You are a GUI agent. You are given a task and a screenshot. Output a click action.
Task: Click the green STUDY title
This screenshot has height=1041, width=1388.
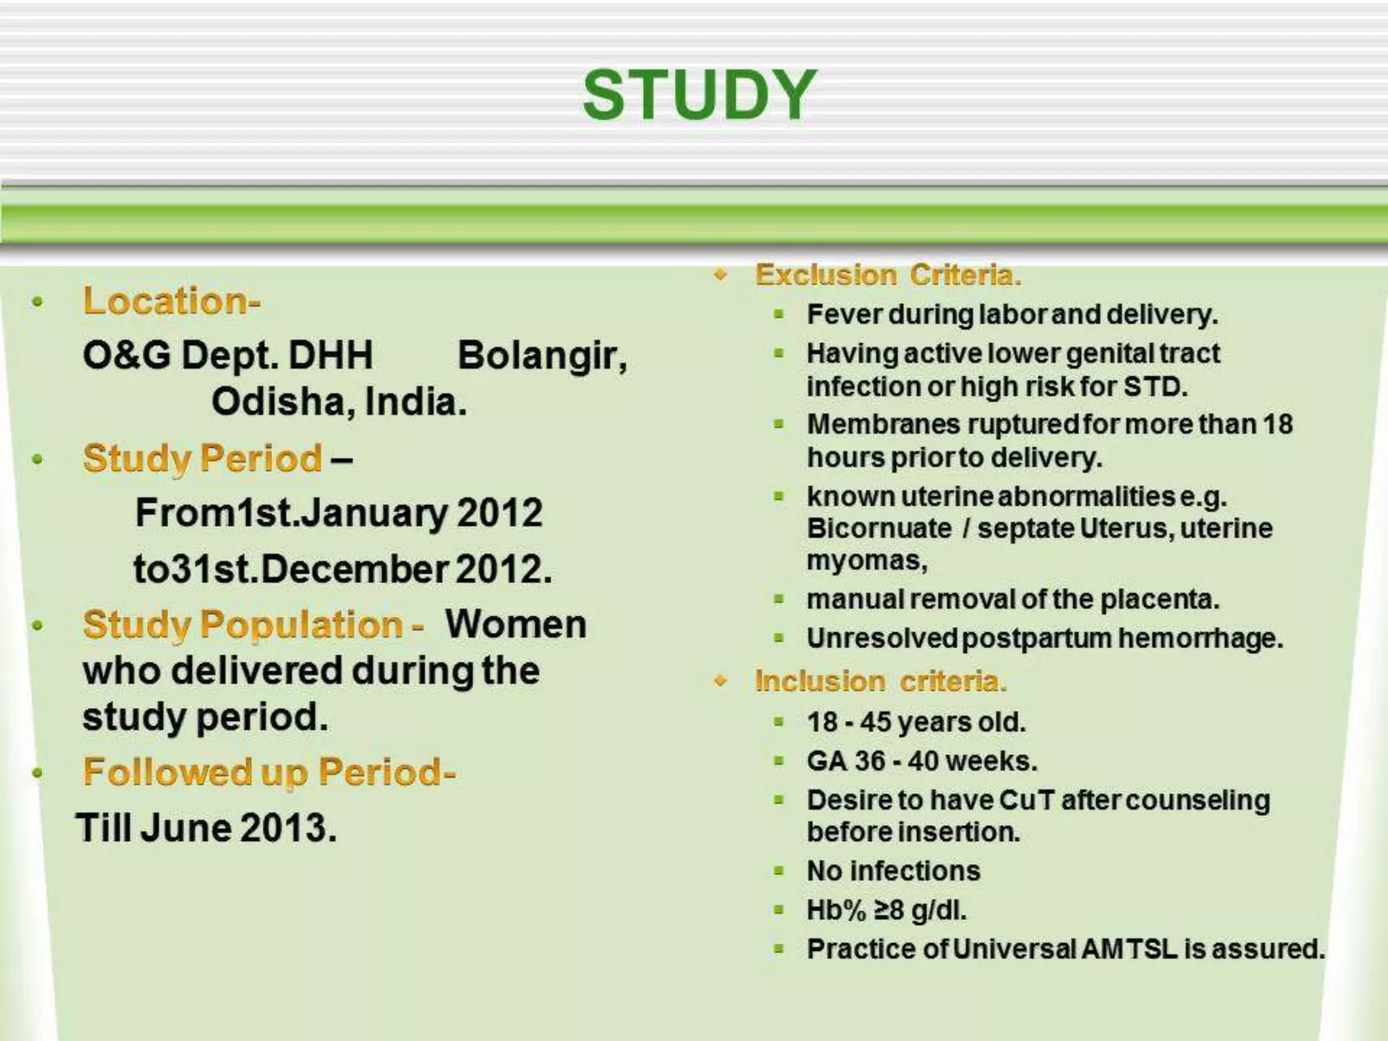point(699,96)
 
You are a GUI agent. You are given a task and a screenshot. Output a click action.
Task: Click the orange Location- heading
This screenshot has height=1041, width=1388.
point(171,301)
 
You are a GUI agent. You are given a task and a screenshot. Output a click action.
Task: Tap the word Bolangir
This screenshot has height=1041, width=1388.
point(541,355)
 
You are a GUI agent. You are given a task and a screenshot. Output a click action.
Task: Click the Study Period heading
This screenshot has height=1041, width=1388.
point(202,458)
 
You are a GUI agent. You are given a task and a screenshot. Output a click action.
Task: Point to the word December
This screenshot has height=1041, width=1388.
point(354,569)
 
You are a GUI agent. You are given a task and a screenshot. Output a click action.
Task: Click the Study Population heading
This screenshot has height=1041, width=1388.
point(252,624)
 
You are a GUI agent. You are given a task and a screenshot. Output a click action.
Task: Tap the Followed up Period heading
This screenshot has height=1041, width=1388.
point(268,772)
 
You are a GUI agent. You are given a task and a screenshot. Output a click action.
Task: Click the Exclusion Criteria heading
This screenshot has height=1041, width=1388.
point(888,275)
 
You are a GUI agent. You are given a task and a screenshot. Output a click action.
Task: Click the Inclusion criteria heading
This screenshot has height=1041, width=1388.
point(880,681)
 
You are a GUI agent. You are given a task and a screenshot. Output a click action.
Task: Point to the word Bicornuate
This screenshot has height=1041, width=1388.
point(879,528)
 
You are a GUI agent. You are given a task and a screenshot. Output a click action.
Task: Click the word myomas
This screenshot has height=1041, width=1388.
point(865,561)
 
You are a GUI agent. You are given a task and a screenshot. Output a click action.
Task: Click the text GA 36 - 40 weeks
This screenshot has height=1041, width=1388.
point(922,761)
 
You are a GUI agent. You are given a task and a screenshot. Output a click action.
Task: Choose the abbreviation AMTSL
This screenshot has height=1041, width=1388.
point(1128,949)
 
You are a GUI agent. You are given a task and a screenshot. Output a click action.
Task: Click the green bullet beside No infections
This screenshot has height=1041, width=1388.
point(779,871)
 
